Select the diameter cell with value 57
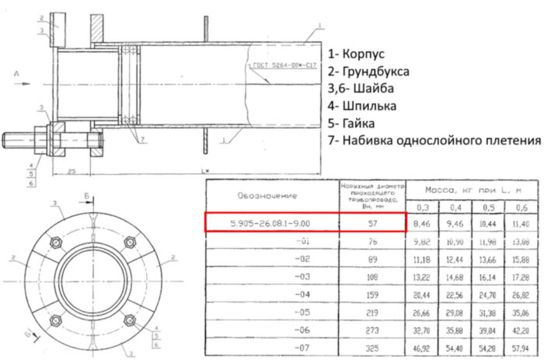pos(373,223)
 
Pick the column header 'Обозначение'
pos(267,195)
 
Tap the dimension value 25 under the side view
pos(71,170)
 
